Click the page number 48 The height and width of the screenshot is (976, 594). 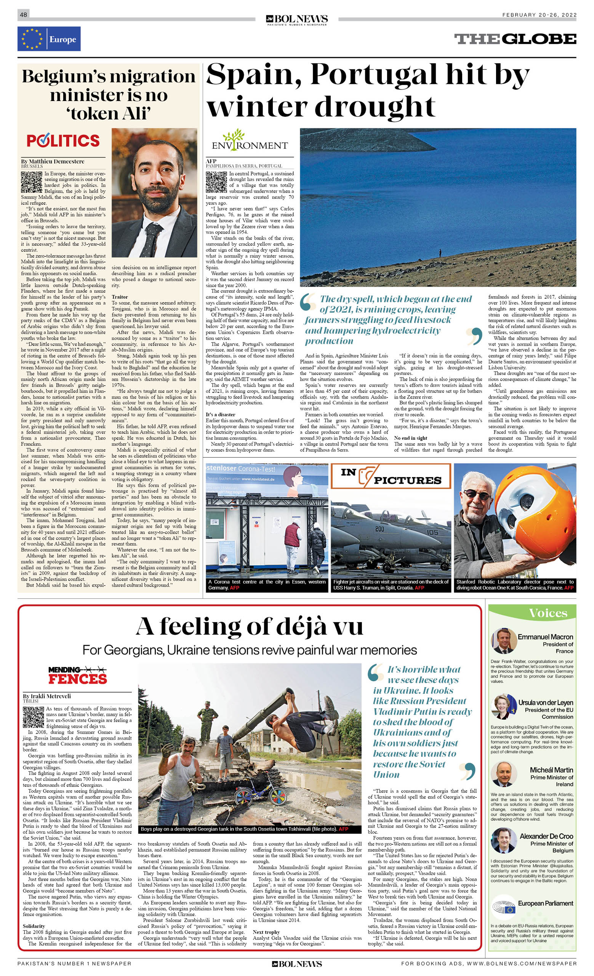click(23, 14)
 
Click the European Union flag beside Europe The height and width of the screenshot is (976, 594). click(32, 39)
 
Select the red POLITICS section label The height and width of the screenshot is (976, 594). click(63, 141)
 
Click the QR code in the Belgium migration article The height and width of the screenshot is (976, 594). click(31, 182)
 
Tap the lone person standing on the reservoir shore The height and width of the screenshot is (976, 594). click(440, 253)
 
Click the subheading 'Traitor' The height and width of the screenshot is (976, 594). click(120, 297)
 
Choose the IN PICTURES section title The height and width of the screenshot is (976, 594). click(391, 476)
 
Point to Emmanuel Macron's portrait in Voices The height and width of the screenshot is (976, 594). click(503, 640)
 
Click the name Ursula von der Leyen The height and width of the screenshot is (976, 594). click(545, 702)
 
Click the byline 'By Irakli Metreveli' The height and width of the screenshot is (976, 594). click(47, 696)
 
